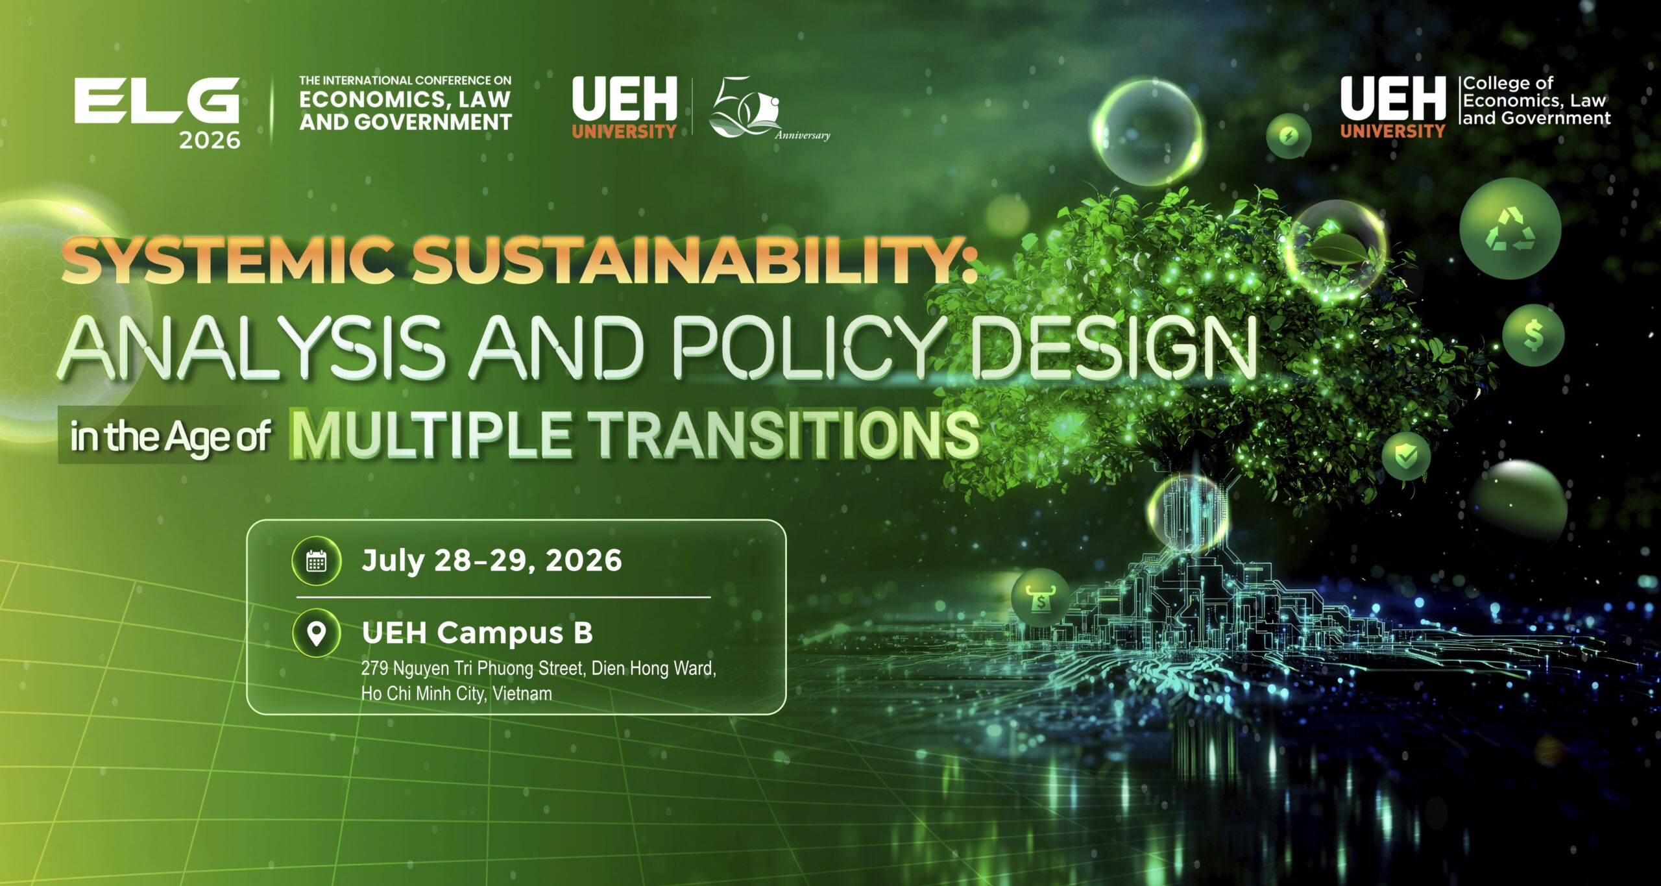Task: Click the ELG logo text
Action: pos(157,101)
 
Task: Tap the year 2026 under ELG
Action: pos(210,140)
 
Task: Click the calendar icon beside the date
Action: pos(316,561)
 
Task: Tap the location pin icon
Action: pos(316,633)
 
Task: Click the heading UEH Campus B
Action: pos(478,633)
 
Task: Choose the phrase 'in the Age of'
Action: pos(170,436)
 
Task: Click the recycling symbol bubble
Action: pos(1510,229)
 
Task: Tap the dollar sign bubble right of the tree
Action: pos(1533,336)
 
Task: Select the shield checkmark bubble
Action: pos(1406,456)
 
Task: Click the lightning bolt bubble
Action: pos(1289,136)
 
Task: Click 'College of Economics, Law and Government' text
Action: pos(1536,101)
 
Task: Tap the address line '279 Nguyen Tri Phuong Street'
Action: pos(472,669)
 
